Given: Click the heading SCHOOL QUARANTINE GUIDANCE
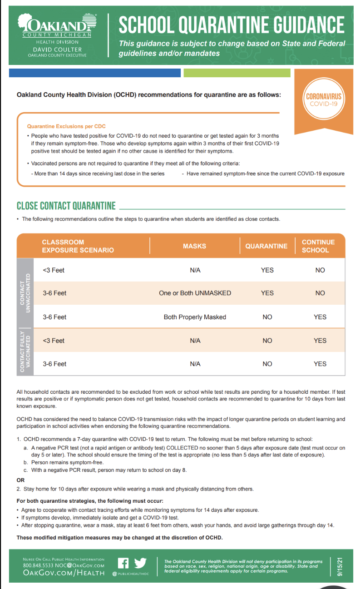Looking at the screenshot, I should [x=232, y=25].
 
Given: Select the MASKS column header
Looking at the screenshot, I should [x=194, y=246].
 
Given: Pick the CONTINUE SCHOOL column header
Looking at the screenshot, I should [x=318, y=246].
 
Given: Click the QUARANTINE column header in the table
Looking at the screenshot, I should [x=266, y=246].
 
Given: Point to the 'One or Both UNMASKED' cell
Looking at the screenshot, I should [x=195, y=293].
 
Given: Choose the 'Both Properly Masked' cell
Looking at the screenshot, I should [x=195, y=317].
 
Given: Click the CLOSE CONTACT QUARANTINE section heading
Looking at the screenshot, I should [x=66, y=206].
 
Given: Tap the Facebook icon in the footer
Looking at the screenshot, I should [x=123, y=563].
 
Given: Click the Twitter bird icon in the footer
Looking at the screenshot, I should [x=140, y=563].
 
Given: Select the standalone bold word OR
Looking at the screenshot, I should [x=20, y=480].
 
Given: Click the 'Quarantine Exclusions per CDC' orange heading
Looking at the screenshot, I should [x=66, y=126].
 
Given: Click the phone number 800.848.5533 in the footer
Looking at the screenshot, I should [x=38, y=565].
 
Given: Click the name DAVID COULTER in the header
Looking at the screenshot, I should [x=57, y=49].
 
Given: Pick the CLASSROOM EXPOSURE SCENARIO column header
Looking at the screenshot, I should [x=78, y=246].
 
